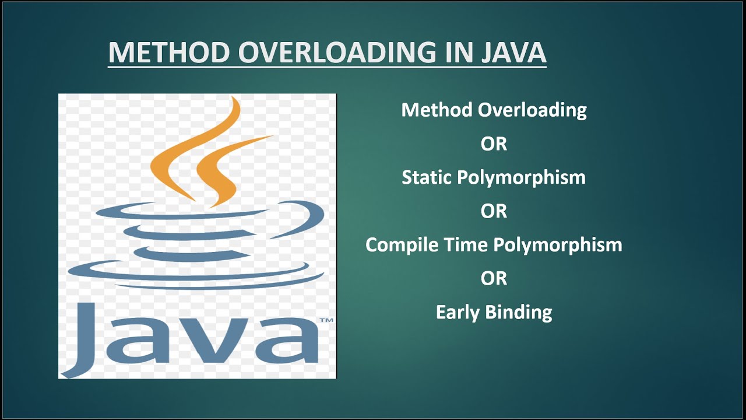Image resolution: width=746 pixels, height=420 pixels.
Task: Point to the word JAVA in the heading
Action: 513,52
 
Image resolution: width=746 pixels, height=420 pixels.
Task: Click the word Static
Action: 427,177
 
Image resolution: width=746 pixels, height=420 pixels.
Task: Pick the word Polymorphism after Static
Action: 521,178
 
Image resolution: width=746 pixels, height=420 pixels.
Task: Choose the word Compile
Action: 397,244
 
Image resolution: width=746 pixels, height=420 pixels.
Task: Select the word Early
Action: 458,312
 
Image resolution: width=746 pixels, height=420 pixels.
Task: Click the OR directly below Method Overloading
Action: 494,144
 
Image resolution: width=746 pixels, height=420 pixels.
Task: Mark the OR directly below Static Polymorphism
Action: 494,211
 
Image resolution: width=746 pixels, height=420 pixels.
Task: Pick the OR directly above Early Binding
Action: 494,278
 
